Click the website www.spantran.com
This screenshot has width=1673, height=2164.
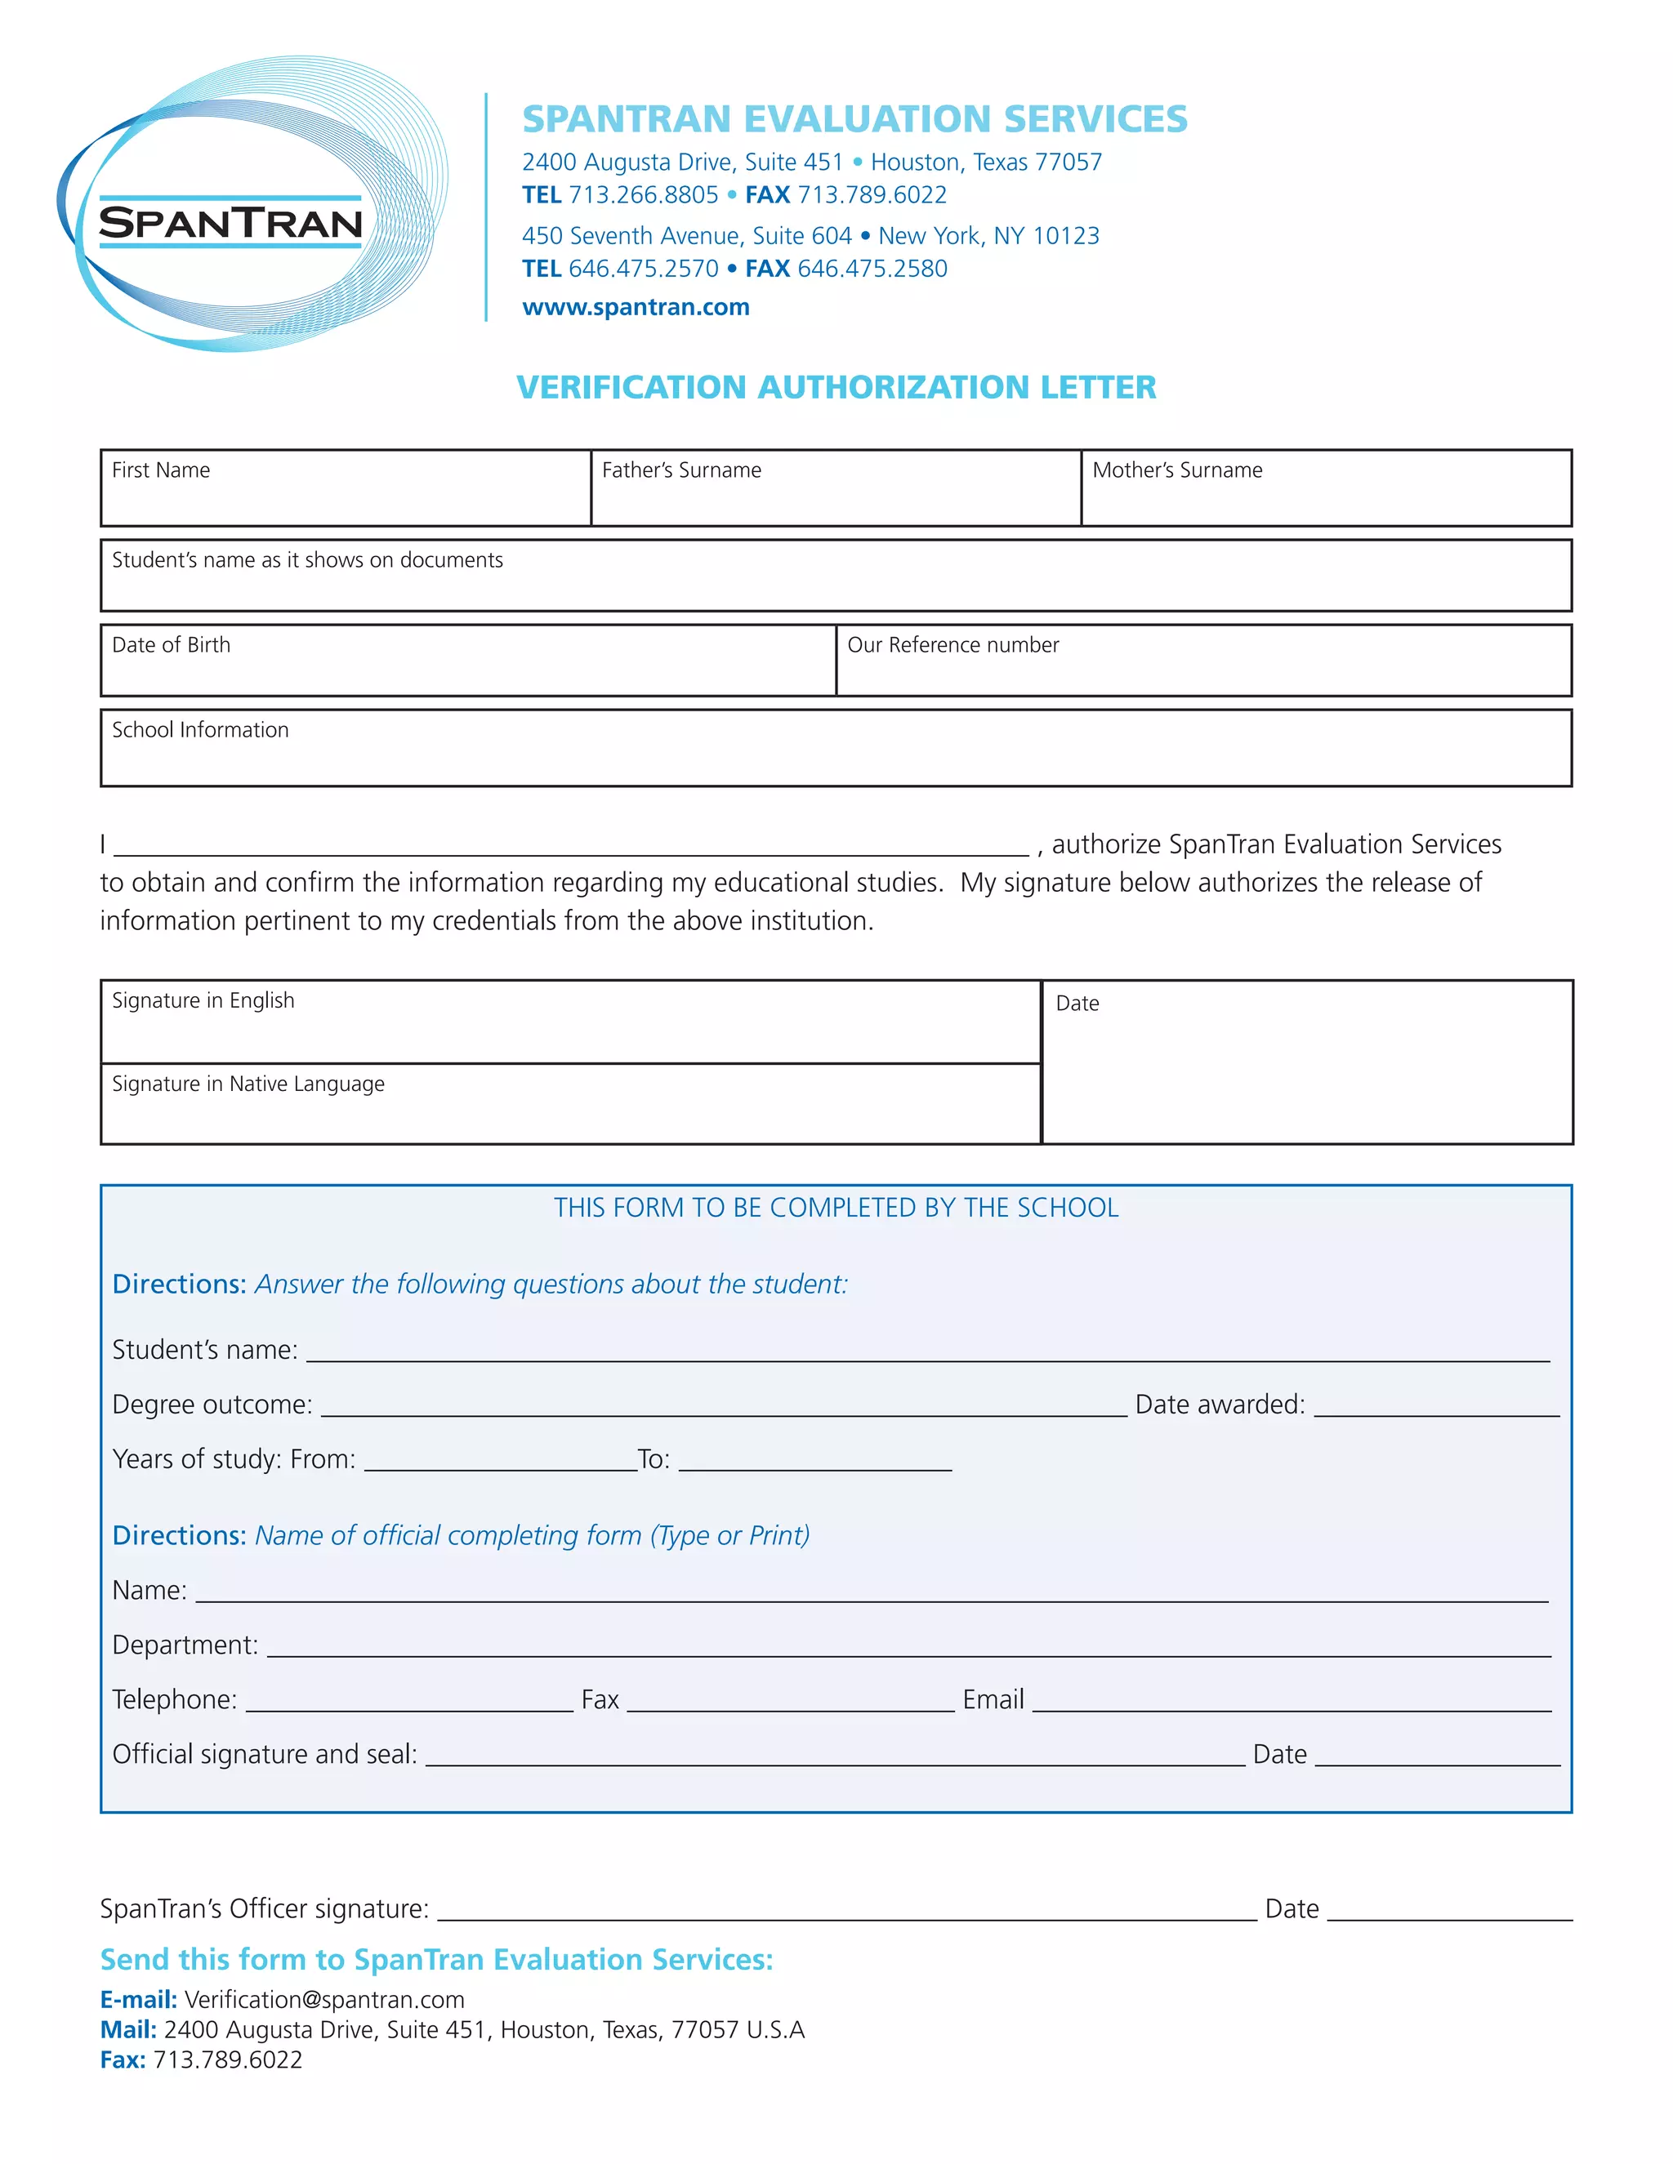point(636,307)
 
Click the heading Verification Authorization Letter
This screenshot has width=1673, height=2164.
point(836,386)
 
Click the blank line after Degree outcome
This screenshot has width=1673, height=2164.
point(724,1407)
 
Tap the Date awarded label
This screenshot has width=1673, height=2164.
point(1219,1405)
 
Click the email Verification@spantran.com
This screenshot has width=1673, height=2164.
point(324,2000)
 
